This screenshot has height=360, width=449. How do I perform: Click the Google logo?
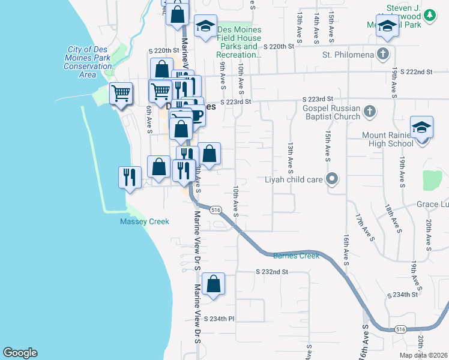[x=20, y=353]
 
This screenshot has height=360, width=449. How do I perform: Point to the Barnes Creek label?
[x=297, y=256]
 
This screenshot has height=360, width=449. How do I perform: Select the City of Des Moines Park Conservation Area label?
[x=88, y=62]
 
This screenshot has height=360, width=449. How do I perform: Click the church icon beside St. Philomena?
[x=382, y=55]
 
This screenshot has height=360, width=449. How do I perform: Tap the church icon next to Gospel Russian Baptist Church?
[x=370, y=111]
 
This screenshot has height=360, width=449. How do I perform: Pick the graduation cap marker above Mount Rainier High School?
[x=421, y=127]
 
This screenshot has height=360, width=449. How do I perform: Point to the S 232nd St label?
[x=272, y=272]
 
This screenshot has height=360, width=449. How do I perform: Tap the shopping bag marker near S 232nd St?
[x=213, y=284]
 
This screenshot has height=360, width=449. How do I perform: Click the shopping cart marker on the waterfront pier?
[x=121, y=94]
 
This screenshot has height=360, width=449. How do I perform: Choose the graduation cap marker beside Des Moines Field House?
[x=205, y=26]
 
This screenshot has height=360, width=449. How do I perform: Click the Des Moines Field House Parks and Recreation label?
[x=239, y=42]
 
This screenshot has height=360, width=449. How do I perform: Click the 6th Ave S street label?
[x=149, y=120]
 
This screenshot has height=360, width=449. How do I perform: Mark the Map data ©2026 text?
[x=424, y=355]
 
